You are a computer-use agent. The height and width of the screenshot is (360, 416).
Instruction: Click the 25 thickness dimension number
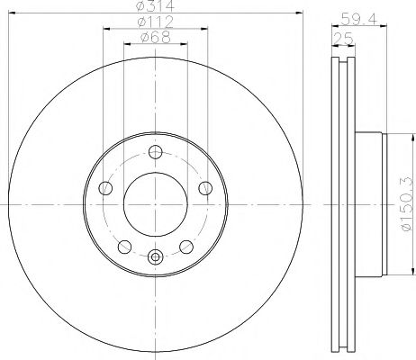pyautogui.click(x=341, y=38)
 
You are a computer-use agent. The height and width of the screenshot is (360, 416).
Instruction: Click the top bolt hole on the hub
pyautogui.click(x=155, y=152)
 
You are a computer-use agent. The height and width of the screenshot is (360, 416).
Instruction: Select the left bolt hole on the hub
pyautogui.click(x=105, y=188)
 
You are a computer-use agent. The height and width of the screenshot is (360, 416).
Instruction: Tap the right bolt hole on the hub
pyautogui.click(x=204, y=188)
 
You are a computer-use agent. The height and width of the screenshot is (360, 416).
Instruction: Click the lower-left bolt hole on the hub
pyautogui.click(x=124, y=246)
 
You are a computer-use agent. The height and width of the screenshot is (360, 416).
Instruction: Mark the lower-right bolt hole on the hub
pyautogui.click(x=185, y=246)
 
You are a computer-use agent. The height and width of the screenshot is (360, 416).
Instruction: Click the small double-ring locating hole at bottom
pyautogui.click(x=155, y=257)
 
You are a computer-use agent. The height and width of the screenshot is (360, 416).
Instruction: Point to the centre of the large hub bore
pyautogui.click(x=155, y=204)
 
